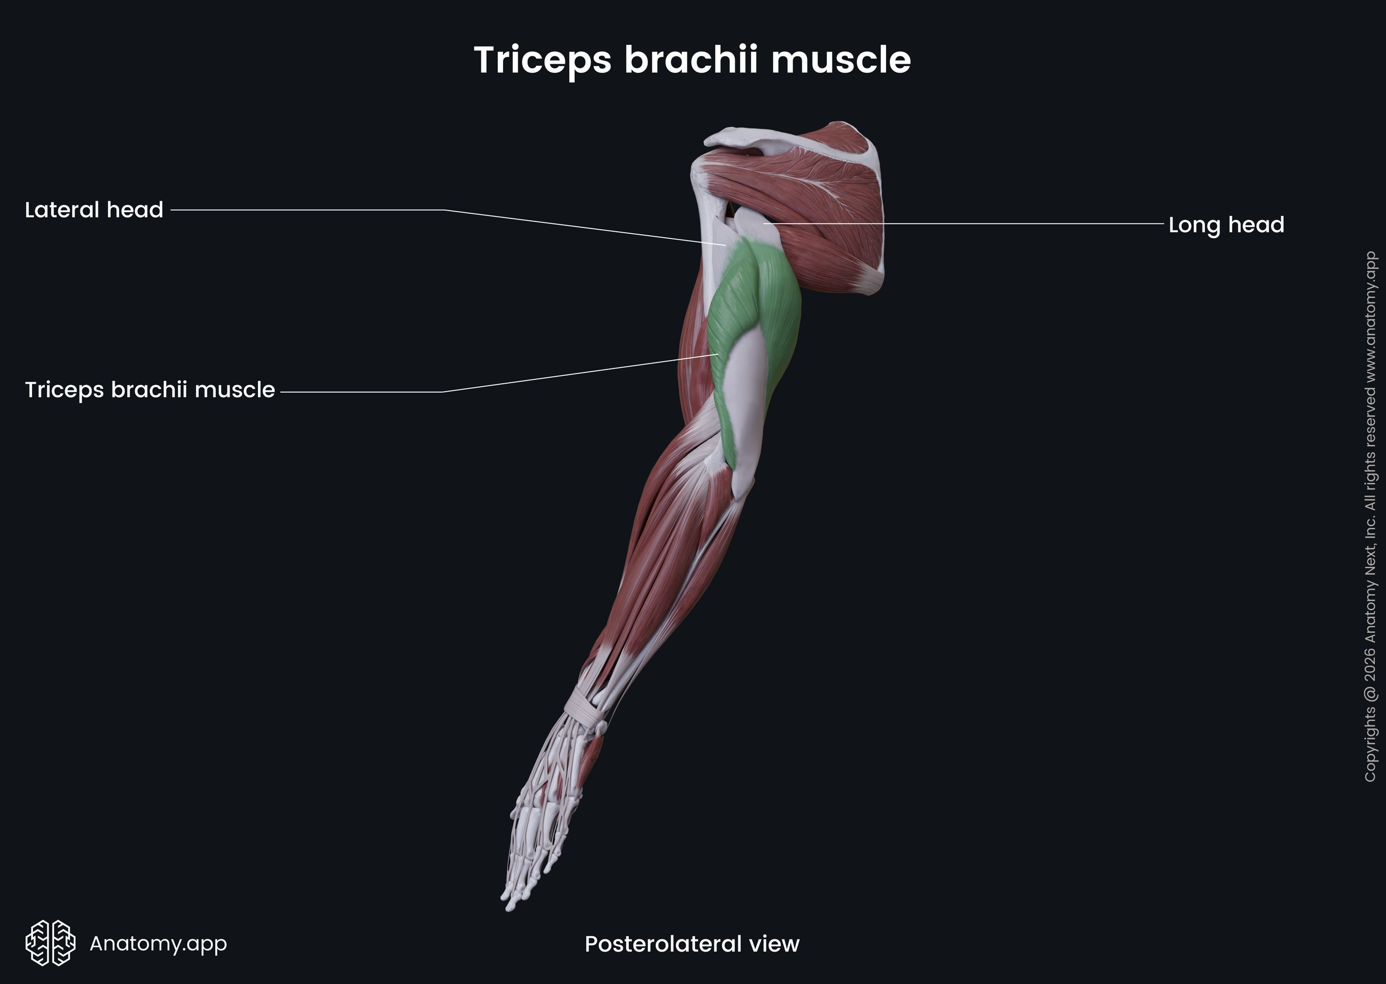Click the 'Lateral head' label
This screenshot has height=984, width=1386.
(94, 210)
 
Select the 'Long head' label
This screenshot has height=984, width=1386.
(1226, 225)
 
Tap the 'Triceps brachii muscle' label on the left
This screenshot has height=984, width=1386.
(149, 390)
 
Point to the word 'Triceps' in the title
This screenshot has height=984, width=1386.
(542, 61)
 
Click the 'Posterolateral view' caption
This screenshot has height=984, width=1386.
(691, 943)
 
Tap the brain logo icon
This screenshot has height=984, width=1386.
(50, 943)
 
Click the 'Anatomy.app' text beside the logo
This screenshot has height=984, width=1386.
(158, 943)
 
